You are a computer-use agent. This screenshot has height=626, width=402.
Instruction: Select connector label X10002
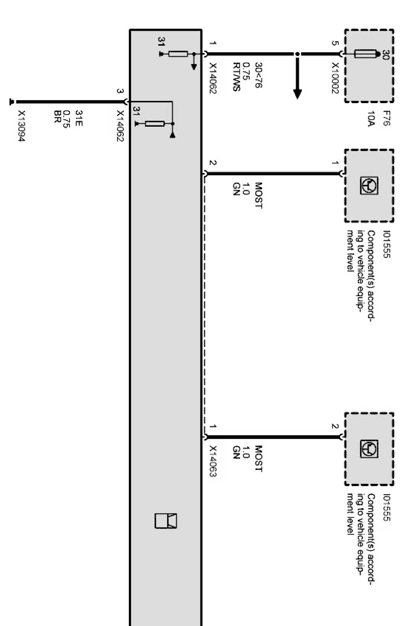click(335, 78)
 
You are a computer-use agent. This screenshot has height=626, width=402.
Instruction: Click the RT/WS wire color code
click(236, 77)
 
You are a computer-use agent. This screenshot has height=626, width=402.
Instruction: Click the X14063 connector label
click(213, 461)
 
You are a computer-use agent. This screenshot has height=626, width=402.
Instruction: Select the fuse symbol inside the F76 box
click(365, 54)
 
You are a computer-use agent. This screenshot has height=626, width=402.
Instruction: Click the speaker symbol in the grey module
click(166, 521)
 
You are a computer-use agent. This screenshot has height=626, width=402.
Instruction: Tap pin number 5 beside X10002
click(335, 43)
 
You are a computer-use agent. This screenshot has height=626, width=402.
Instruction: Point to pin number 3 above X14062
click(120, 91)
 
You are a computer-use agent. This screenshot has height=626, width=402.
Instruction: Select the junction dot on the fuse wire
click(298, 54)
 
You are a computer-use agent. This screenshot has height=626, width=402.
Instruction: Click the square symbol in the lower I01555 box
click(369, 449)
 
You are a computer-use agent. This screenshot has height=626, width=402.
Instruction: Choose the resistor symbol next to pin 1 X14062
click(178, 54)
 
